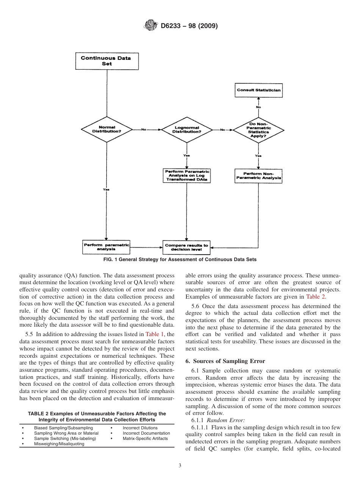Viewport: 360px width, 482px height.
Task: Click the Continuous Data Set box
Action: pos(107,61)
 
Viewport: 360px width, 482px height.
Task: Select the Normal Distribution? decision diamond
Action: pos(107,129)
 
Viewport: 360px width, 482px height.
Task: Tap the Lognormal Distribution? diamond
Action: pos(187,130)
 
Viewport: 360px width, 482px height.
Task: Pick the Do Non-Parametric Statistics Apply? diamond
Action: pos(258,129)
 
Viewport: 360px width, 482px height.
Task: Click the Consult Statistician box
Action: pos(258,90)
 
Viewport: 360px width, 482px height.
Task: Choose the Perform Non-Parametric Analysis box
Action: pos(258,176)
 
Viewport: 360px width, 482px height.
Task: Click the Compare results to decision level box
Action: pos(186,247)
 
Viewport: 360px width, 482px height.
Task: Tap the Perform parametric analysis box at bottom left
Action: pos(106,247)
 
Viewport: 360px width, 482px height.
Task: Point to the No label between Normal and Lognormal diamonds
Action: pos(144,130)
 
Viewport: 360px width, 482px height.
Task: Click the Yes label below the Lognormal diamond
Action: pos(186,155)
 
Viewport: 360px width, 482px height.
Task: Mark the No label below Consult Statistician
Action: pos(258,107)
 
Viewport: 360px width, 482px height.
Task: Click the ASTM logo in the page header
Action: pos(150,26)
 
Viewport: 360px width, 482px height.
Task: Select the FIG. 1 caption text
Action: pos(180,260)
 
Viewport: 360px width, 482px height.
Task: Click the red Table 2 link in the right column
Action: pos(315,296)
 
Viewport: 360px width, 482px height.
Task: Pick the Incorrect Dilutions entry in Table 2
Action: pos(140,428)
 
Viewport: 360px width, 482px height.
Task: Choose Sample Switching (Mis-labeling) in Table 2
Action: pos(65,438)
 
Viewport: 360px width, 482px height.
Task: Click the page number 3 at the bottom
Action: pos(180,466)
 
